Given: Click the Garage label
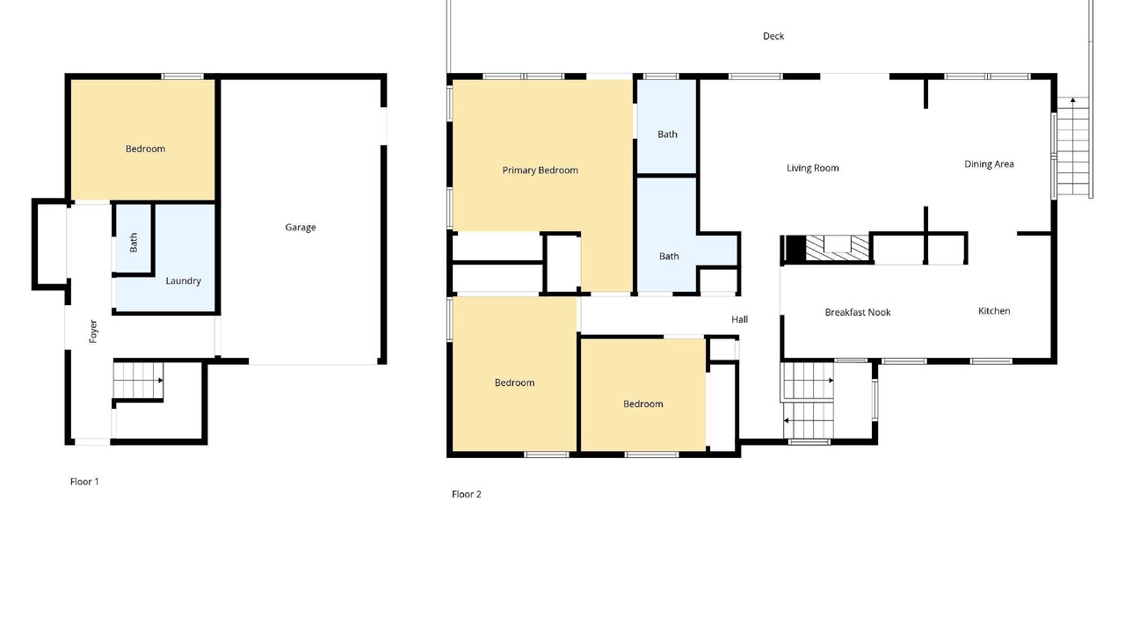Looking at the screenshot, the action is (x=301, y=227).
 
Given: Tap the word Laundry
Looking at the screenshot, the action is (x=184, y=280).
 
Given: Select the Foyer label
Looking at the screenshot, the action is (x=93, y=331).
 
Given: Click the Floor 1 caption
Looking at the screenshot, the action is (x=84, y=482).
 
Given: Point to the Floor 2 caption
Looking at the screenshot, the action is (x=467, y=494).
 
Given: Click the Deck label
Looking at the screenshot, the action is (x=773, y=36).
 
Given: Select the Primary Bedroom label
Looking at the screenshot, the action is (x=540, y=171).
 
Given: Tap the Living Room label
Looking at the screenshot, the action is (x=813, y=168).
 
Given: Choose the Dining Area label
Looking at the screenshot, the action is (x=989, y=164).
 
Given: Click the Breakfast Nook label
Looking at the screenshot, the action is (x=858, y=312).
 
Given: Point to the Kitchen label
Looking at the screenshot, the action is (x=994, y=311).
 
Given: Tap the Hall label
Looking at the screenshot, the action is (x=740, y=319).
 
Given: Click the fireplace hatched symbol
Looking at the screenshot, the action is (x=838, y=248).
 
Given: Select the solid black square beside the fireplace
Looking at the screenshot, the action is (x=795, y=248).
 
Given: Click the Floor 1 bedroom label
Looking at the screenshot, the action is (x=145, y=149).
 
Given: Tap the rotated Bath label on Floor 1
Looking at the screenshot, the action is (x=133, y=243).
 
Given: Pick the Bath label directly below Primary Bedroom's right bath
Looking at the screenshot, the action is (x=669, y=256).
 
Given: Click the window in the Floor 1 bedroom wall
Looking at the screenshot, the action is (x=183, y=76).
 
